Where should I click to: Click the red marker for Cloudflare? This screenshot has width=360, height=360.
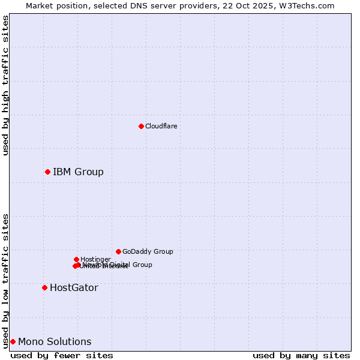(141, 126)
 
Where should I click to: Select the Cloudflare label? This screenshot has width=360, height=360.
(161, 126)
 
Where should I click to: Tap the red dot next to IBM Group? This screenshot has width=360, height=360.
(47, 172)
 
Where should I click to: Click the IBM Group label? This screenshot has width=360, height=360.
(78, 172)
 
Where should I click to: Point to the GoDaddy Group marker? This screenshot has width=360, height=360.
(118, 251)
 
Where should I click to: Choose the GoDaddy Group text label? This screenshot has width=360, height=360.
(148, 251)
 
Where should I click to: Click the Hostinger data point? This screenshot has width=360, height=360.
(76, 259)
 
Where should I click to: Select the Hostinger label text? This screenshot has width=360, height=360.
(95, 259)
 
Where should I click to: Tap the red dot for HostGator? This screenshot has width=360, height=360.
(44, 288)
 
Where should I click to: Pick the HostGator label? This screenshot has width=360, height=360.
(74, 288)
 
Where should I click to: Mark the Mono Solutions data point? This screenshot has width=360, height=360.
(13, 342)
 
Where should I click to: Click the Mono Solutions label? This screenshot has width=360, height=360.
(55, 342)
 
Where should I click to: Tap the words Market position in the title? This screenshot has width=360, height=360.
(52, 5)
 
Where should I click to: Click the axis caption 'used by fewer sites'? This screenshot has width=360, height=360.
(62, 355)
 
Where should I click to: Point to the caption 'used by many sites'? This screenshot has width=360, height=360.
(301, 355)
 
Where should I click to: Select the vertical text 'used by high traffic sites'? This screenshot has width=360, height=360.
(5, 85)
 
